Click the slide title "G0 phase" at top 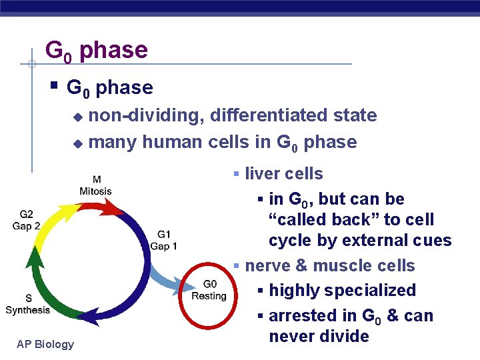96,51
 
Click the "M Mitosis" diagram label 96,185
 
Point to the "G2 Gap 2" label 26,220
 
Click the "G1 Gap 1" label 163,240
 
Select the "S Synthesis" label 27,304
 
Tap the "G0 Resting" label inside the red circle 209,290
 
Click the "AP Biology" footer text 46,344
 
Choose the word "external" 380,241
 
